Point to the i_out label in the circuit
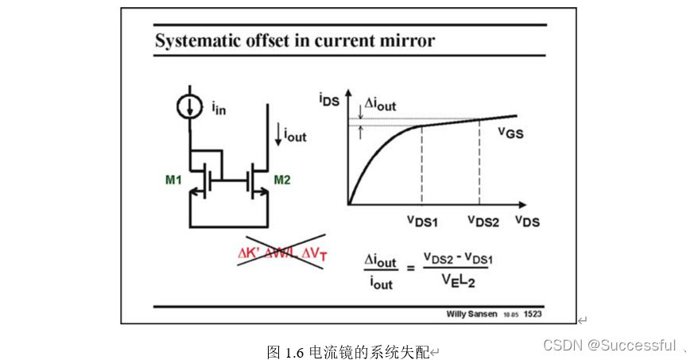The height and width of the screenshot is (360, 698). [292, 135]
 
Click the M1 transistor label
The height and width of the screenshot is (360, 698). [174, 180]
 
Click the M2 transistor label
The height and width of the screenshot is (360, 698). [282, 180]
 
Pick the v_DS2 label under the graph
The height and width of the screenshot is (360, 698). [482, 220]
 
